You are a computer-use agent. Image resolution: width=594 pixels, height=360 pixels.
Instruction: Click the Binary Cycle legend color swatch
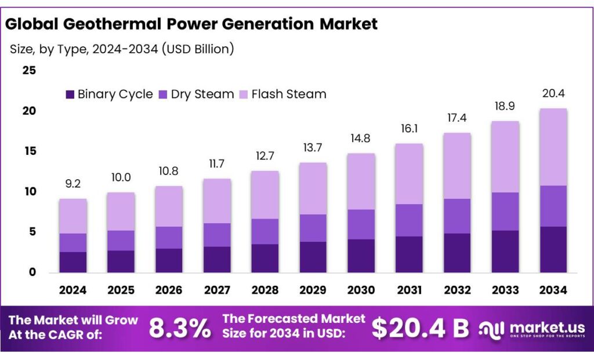[x=70, y=94]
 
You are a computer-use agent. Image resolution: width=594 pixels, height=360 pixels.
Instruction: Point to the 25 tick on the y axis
[x=29, y=71]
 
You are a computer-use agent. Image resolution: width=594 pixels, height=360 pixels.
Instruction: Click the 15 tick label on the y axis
[x=29, y=151]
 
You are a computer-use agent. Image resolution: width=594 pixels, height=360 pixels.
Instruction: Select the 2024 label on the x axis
[x=73, y=289]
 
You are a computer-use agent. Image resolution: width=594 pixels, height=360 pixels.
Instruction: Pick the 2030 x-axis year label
[x=361, y=289]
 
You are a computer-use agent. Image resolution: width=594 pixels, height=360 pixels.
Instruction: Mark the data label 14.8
[x=361, y=140]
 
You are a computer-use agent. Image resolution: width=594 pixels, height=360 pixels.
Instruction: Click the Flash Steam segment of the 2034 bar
[x=553, y=147]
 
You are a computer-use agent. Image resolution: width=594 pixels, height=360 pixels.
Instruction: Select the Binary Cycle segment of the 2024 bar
[x=73, y=262]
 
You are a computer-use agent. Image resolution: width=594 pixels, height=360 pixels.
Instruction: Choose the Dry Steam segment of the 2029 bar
[x=313, y=228]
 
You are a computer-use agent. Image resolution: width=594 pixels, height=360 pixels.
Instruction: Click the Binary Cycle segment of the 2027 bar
[x=217, y=259]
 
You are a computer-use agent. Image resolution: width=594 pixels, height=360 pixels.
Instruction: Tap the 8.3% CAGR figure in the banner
[x=179, y=329]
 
